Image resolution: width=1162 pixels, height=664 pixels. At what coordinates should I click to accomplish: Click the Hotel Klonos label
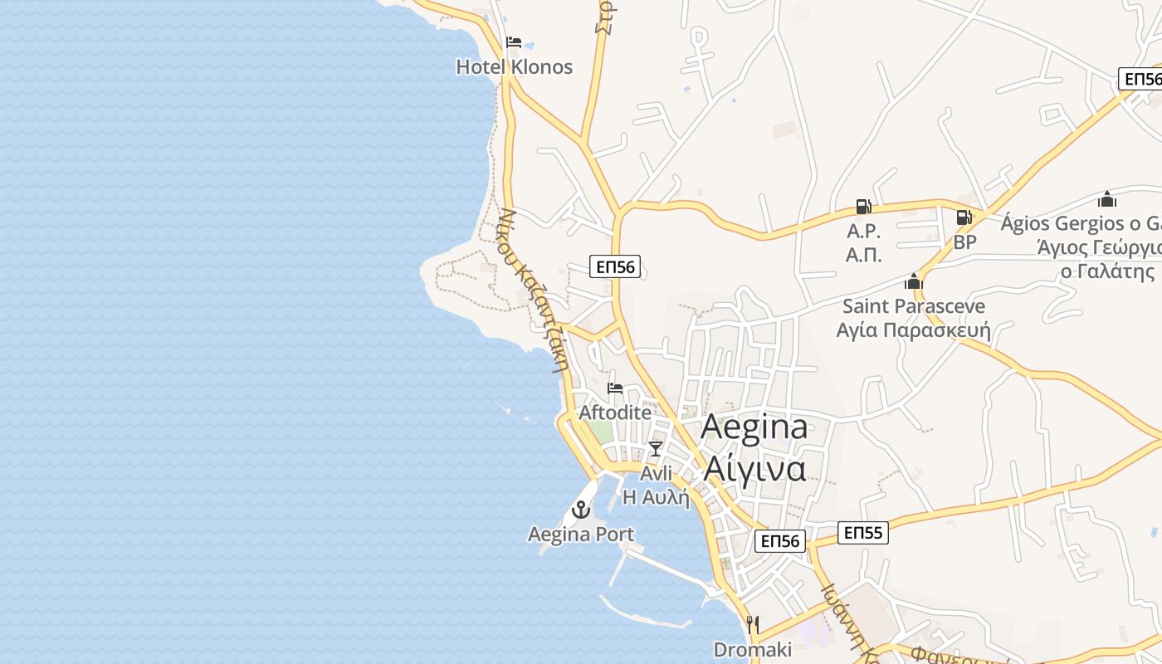514,67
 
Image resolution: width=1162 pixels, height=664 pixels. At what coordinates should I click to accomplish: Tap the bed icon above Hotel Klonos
514,42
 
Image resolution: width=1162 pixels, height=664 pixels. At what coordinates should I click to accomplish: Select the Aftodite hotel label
615,412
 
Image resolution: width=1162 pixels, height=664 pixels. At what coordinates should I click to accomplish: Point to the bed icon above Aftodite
615,388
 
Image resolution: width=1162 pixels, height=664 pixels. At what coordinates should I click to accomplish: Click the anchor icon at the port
581,510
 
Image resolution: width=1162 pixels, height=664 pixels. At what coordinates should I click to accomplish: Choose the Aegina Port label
581,535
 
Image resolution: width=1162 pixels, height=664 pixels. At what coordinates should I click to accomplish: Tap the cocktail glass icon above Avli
656,449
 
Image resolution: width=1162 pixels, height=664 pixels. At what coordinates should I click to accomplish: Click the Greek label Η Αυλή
656,497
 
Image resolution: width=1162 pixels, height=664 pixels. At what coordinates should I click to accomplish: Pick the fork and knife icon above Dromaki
753,624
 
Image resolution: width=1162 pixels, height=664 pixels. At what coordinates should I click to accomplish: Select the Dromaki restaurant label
753,649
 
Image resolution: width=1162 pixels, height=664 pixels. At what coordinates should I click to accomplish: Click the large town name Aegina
754,427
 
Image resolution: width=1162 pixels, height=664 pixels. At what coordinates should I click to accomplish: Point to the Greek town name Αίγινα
754,468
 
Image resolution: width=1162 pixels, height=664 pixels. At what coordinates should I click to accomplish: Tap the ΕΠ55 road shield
862,533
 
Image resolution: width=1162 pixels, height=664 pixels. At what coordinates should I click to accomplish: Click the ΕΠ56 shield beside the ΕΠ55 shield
780,541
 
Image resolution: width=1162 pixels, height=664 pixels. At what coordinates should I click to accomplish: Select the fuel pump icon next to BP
964,217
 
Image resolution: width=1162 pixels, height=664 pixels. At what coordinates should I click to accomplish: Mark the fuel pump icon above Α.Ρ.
863,207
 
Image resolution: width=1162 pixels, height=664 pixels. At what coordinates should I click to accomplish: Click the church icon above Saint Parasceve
914,282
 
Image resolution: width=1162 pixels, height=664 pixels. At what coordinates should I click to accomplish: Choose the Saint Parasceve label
914,306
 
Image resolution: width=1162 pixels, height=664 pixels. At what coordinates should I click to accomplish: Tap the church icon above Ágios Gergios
1106,199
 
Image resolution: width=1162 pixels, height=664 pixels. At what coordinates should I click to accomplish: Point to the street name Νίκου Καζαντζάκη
536,290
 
